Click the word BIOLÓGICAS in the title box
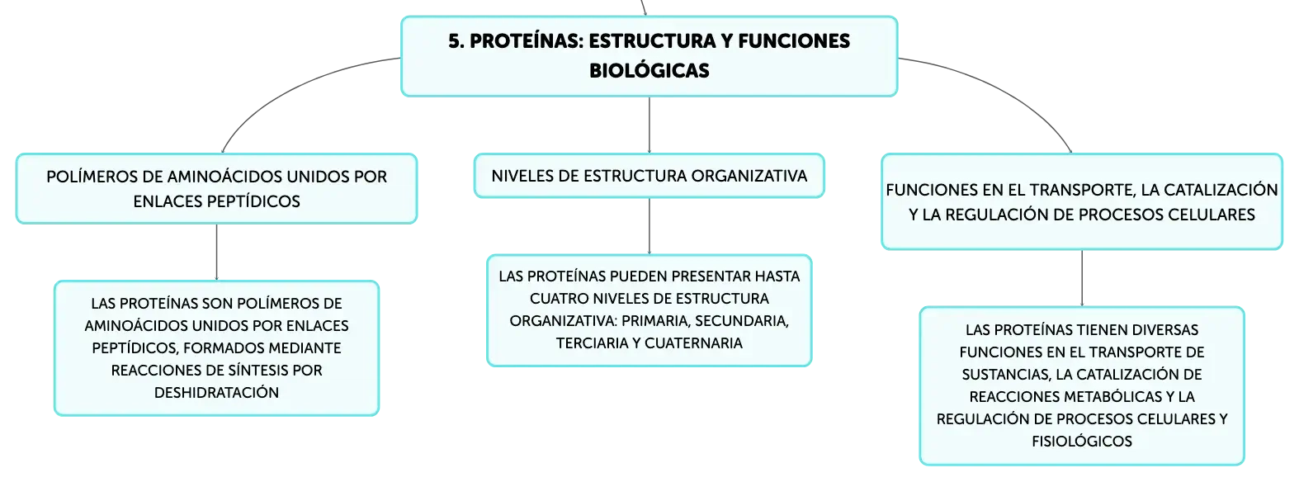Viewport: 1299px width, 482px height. [649, 71]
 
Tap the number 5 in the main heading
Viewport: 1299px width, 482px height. [454, 41]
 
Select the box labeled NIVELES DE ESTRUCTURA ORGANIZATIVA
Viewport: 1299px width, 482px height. [649, 176]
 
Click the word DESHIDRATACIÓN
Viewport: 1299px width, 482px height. [216, 393]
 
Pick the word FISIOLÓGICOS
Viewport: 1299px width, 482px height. [1081, 442]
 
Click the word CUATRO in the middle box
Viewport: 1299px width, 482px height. [557, 299]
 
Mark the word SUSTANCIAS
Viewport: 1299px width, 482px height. [1005, 375]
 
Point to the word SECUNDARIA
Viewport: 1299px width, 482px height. [742, 321]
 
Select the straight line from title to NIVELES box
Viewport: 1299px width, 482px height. [649, 125]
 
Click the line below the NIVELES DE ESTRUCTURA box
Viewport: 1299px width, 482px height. [649, 226]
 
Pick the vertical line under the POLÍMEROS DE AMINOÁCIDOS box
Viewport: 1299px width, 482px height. [216, 253]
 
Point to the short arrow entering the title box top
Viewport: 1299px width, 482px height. [643, 7]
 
